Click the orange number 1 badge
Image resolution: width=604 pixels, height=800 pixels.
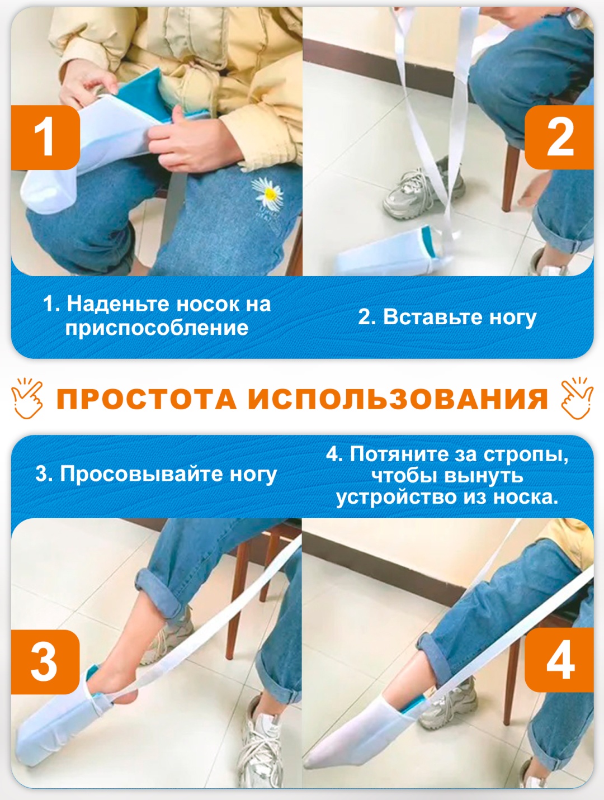click(x=45, y=138)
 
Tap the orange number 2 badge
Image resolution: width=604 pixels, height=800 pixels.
click(x=559, y=137)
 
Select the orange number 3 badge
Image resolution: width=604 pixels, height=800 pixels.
click(x=45, y=662)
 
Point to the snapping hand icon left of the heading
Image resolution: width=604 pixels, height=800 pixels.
click(x=27, y=398)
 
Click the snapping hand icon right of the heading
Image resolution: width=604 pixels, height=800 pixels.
click(x=577, y=398)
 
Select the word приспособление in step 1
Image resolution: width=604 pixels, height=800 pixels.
click(x=157, y=328)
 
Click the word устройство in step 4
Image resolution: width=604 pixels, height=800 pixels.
click(x=396, y=497)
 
